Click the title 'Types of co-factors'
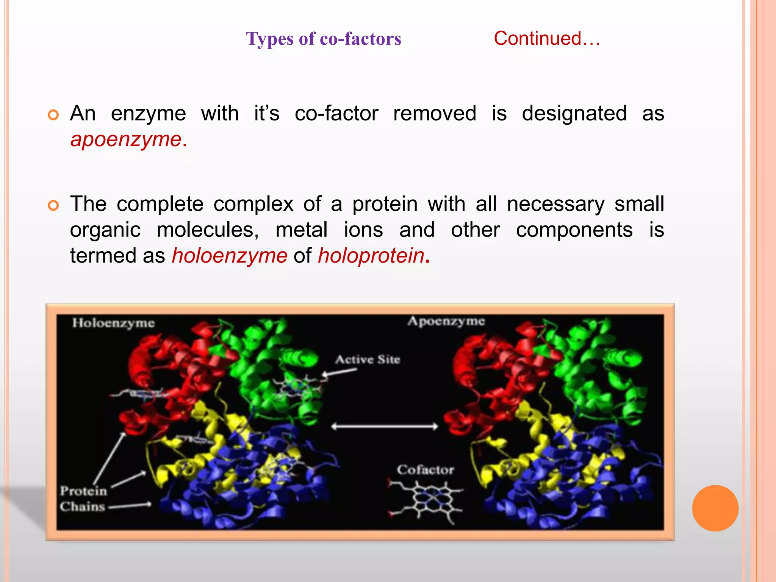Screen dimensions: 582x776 coord(323,39)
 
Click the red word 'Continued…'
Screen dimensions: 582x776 coord(547,38)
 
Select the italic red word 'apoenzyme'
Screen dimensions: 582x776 coord(126,139)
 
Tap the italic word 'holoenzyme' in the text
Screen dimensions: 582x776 coord(230,255)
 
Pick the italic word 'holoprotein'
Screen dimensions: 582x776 coord(371,255)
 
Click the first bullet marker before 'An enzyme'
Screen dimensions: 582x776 coord(53,114)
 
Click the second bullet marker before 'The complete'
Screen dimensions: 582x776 coord(53,205)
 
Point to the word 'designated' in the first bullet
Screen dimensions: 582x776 coord(574,113)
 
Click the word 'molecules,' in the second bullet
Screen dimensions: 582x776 coord(208,230)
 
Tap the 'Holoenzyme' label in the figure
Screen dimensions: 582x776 coord(113,323)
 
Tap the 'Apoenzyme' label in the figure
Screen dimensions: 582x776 coord(446,321)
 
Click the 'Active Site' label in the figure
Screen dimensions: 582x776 coord(367,359)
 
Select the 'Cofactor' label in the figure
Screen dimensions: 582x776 coord(425,470)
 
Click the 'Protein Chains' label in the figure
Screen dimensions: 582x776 coord(83,499)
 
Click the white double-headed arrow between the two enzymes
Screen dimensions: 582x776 coord(384,427)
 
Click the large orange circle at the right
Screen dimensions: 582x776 coord(715,508)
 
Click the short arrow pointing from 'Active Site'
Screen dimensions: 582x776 coord(339,372)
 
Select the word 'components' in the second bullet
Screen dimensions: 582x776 coord(574,230)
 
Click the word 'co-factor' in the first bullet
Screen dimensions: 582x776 coord(336,113)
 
